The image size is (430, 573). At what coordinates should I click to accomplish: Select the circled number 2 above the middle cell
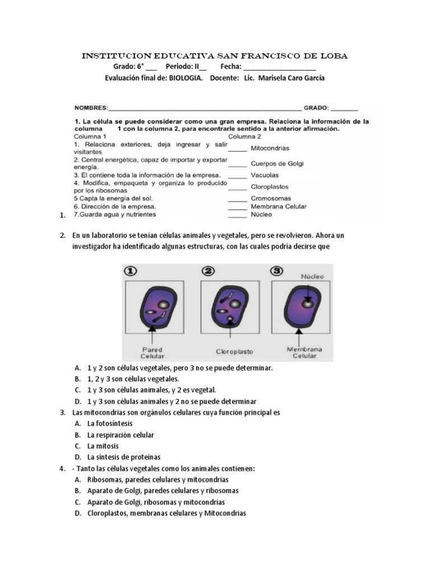click(209, 271)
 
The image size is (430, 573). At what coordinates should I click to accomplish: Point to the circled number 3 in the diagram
click(277, 271)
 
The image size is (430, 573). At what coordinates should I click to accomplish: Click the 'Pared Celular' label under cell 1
click(152, 353)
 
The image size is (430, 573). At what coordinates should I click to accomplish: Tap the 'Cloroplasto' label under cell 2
click(235, 352)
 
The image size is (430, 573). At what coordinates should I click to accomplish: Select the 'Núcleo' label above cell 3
click(312, 276)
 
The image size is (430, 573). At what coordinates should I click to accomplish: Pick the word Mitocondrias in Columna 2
click(270, 148)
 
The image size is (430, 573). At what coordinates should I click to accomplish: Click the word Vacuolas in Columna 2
click(265, 175)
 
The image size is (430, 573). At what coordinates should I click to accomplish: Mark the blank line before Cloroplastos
click(237, 188)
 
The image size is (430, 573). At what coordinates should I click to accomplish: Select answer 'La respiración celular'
click(120, 435)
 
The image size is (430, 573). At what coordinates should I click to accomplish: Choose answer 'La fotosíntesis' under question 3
click(110, 424)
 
